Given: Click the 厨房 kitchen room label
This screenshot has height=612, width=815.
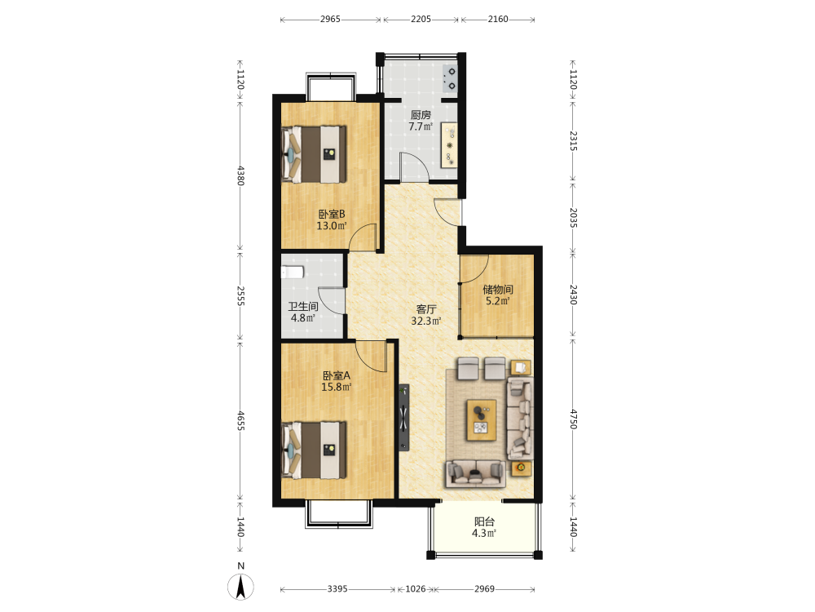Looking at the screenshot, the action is coord(421,115).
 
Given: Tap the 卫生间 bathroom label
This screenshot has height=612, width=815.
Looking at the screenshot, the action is coord(303,307).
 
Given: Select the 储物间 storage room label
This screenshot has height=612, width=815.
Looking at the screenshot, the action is coord(497,290).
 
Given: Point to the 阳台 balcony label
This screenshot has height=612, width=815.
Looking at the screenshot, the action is coord(484,521).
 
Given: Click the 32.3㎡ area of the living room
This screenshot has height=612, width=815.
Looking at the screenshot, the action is coord(426,321).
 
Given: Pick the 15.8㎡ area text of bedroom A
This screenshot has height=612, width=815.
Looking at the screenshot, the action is coord(337,387).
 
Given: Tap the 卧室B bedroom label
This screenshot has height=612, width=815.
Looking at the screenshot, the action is coord(332,214).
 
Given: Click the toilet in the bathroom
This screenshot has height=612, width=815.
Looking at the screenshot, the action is coord(292,273).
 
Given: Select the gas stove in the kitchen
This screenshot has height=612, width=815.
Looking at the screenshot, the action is coord(450,78).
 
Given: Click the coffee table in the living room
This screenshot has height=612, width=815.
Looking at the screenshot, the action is coord(482,420).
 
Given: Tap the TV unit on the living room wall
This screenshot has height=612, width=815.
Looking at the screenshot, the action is coord(404,417).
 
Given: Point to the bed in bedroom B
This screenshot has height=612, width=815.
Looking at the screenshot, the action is coord(314,154).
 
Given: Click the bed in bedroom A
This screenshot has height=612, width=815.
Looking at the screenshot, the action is coord(314,450).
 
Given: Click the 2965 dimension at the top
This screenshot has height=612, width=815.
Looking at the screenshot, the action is coord(330,20).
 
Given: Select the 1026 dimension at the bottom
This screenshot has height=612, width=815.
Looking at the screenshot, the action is coord(416,589).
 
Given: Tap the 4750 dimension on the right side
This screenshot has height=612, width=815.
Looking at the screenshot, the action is coord(573,419).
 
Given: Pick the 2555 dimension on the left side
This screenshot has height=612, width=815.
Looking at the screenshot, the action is coord(240,295).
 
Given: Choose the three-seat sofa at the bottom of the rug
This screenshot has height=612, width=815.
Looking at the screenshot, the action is coord(476,473).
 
